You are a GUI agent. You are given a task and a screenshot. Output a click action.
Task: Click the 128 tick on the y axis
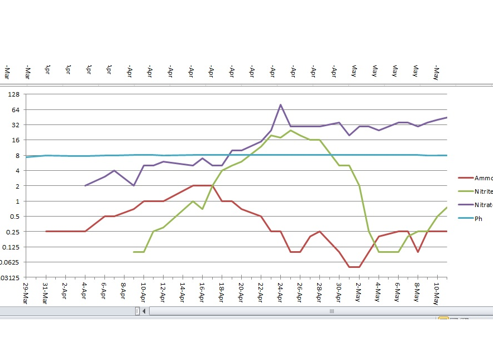point(13,94)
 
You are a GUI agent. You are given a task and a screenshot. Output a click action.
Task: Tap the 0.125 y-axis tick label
point(11,247)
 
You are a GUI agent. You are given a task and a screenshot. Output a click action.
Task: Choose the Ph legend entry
point(478,218)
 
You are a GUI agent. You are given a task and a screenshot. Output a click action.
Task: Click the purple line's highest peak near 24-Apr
point(280,104)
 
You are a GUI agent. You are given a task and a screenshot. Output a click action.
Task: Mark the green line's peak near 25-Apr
point(290,130)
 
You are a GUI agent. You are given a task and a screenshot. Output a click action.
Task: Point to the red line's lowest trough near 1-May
point(354,267)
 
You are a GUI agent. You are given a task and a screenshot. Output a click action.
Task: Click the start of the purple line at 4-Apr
point(85,185)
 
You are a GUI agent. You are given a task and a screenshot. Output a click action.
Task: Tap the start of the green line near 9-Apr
point(134,252)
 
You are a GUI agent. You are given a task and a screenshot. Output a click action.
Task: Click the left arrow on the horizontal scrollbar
point(144,311)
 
